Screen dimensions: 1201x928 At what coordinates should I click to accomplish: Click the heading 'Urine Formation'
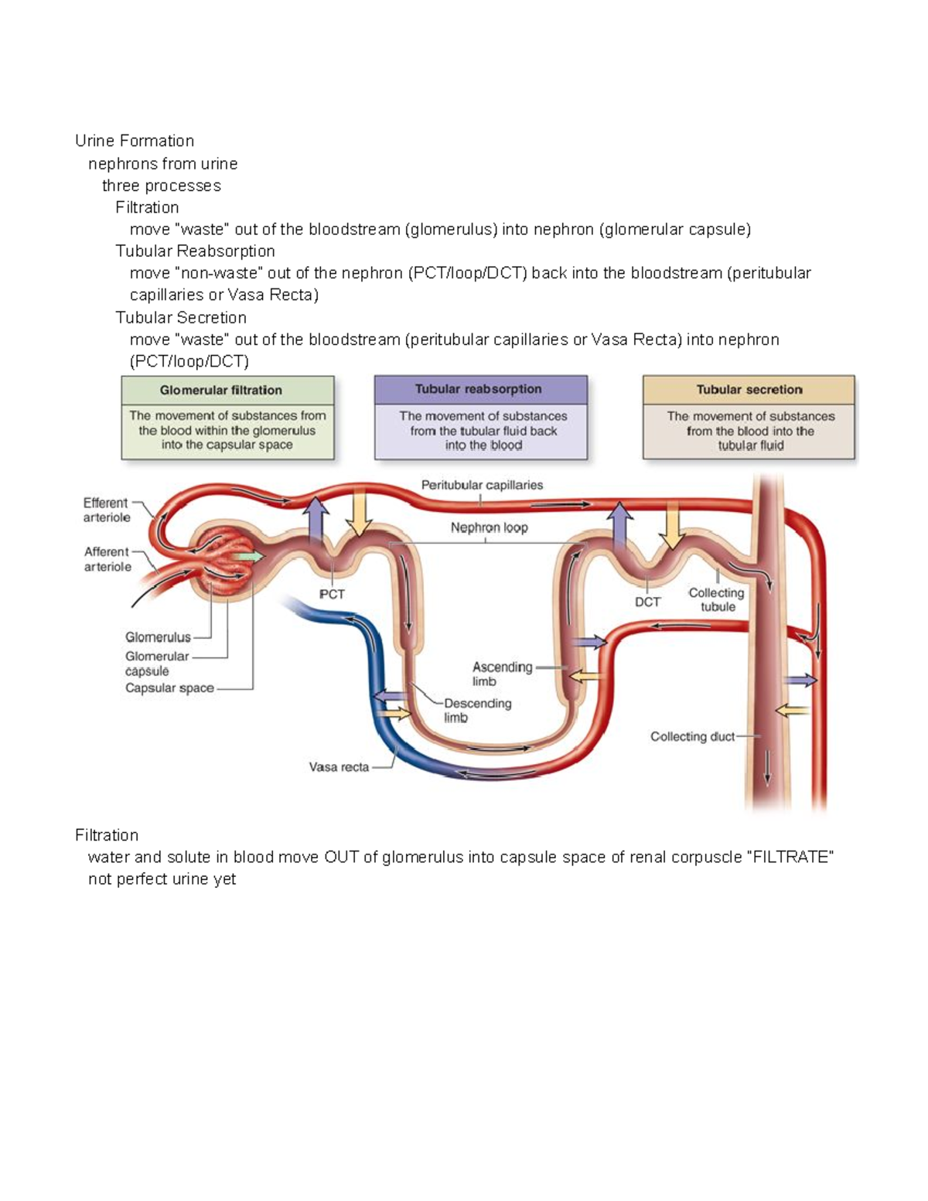(x=135, y=141)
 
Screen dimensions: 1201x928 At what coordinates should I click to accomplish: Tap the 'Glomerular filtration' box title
(x=221, y=391)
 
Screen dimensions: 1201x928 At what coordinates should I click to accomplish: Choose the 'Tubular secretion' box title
(x=749, y=390)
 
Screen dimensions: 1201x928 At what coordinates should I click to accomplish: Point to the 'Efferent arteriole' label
(x=106, y=510)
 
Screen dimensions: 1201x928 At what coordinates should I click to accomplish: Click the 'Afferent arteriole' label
(x=107, y=559)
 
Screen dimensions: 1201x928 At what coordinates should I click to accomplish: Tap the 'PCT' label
(x=332, y=594)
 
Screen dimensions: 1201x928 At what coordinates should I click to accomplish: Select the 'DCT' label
(x=647, y=602)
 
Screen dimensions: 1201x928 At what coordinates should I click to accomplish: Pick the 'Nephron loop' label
(x=489, y=527)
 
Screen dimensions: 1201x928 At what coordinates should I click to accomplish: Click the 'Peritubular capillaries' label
(x=482, y=485)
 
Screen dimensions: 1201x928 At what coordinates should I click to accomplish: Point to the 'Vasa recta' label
(x=339, y=767)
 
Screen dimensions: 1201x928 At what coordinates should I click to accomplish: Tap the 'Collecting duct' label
(x=692, y=737)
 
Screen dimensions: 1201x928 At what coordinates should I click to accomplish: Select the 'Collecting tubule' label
(x=717, y=599)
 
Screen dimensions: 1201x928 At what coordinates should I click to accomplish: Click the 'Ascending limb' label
(x=502, y=674)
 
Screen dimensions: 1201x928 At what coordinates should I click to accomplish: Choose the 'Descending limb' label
(x=477, y=710)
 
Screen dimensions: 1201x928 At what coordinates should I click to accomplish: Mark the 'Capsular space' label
(x=169, y=688)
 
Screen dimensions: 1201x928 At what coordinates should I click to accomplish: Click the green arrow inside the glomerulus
(x=250, y=557)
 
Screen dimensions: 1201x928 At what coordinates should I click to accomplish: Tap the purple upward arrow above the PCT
(x=315, y=521)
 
